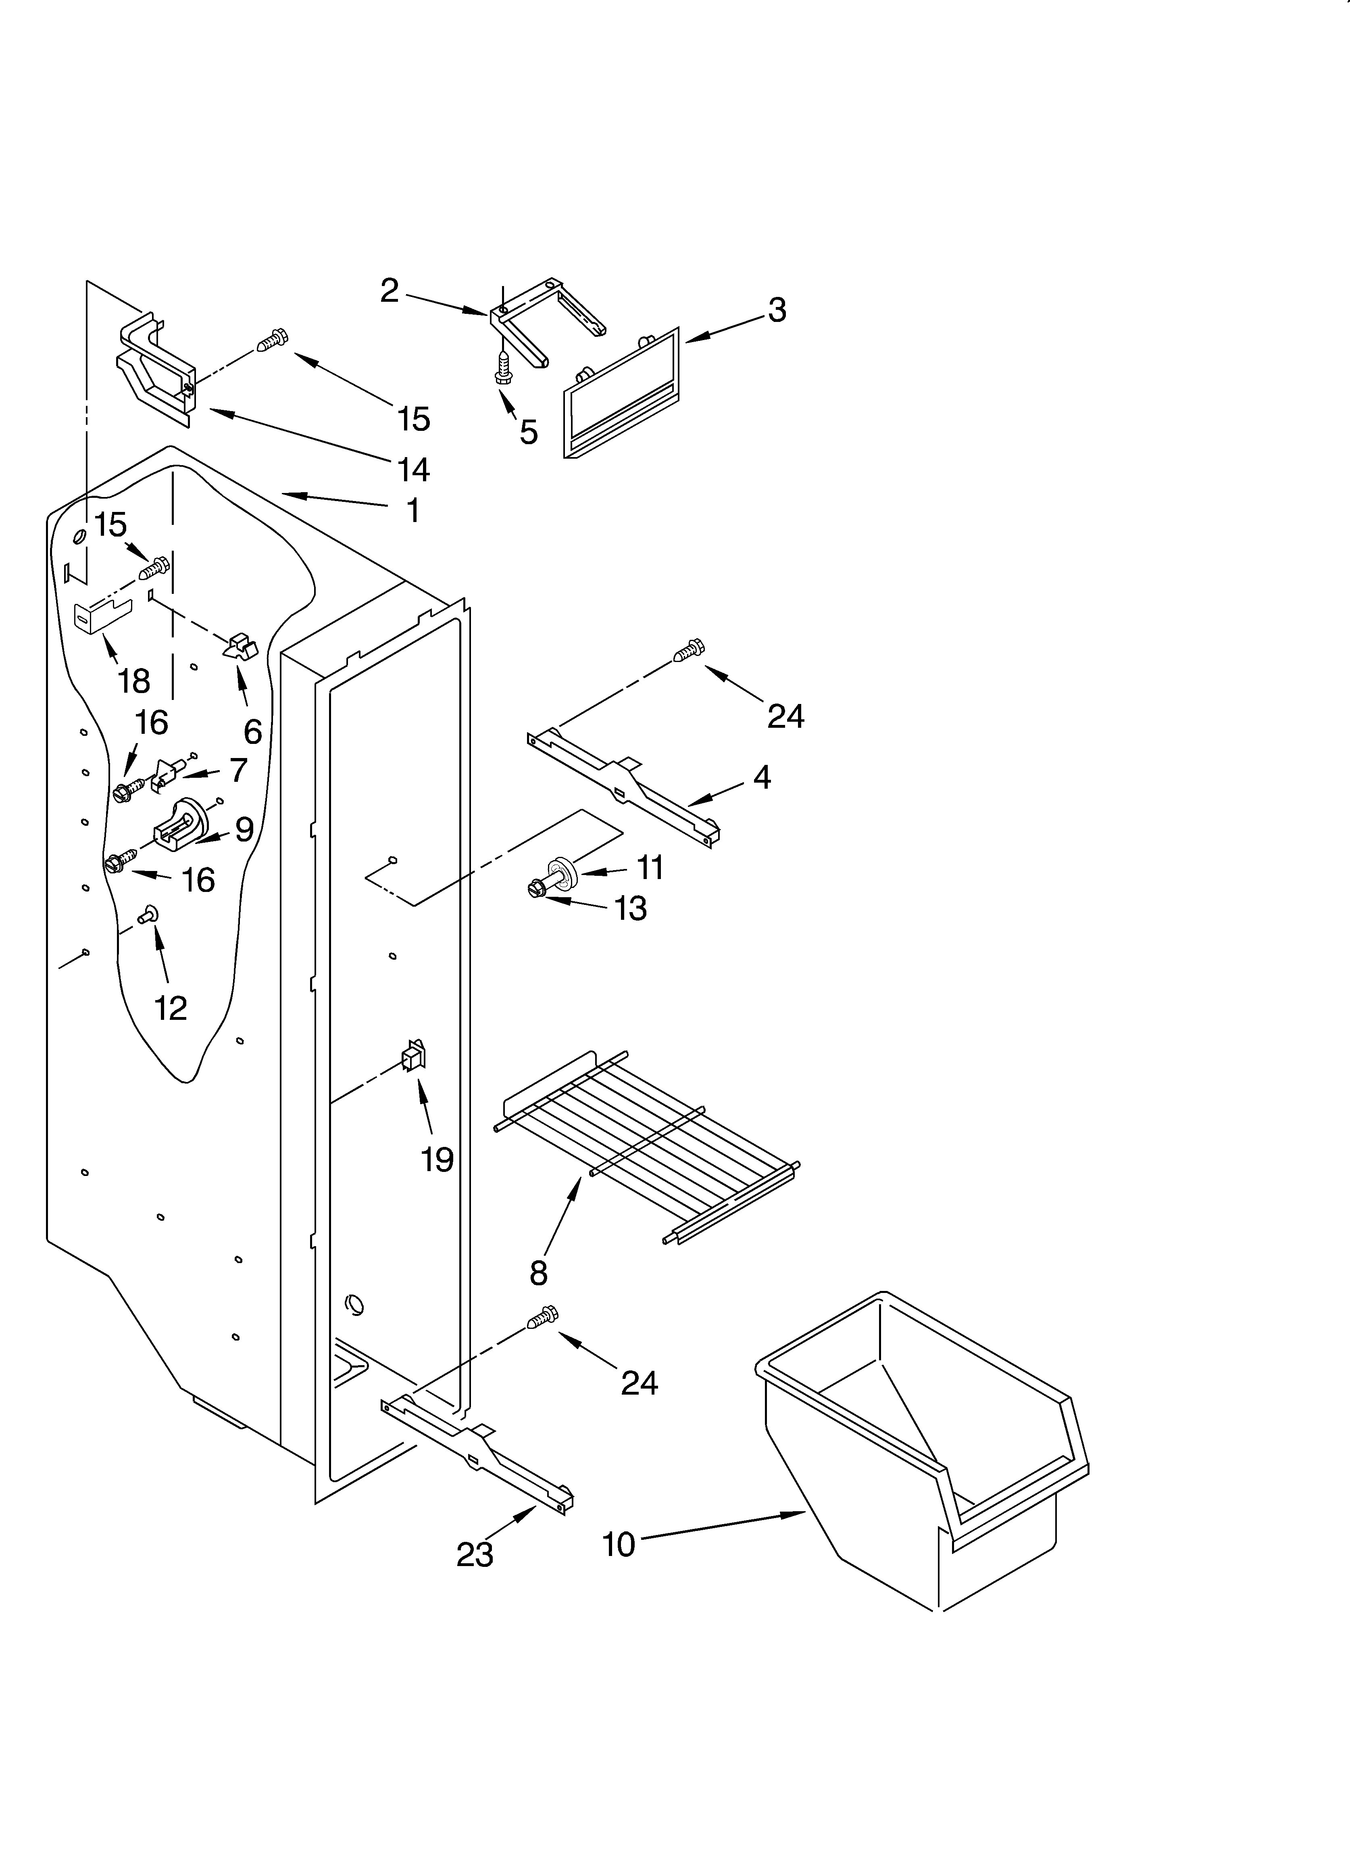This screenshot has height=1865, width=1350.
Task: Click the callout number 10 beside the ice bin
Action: pos(618,1544)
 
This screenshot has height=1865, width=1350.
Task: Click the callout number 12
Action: pos(170,1007)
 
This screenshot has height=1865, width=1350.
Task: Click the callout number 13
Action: pos(631,908)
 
